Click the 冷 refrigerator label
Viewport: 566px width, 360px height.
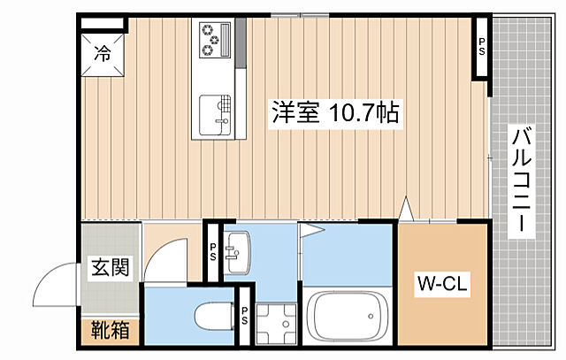click(x=103, y=53)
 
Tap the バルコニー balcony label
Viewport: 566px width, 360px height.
click(x=521, y=181)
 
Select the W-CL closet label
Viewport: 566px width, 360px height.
click(x=441, y=285)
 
